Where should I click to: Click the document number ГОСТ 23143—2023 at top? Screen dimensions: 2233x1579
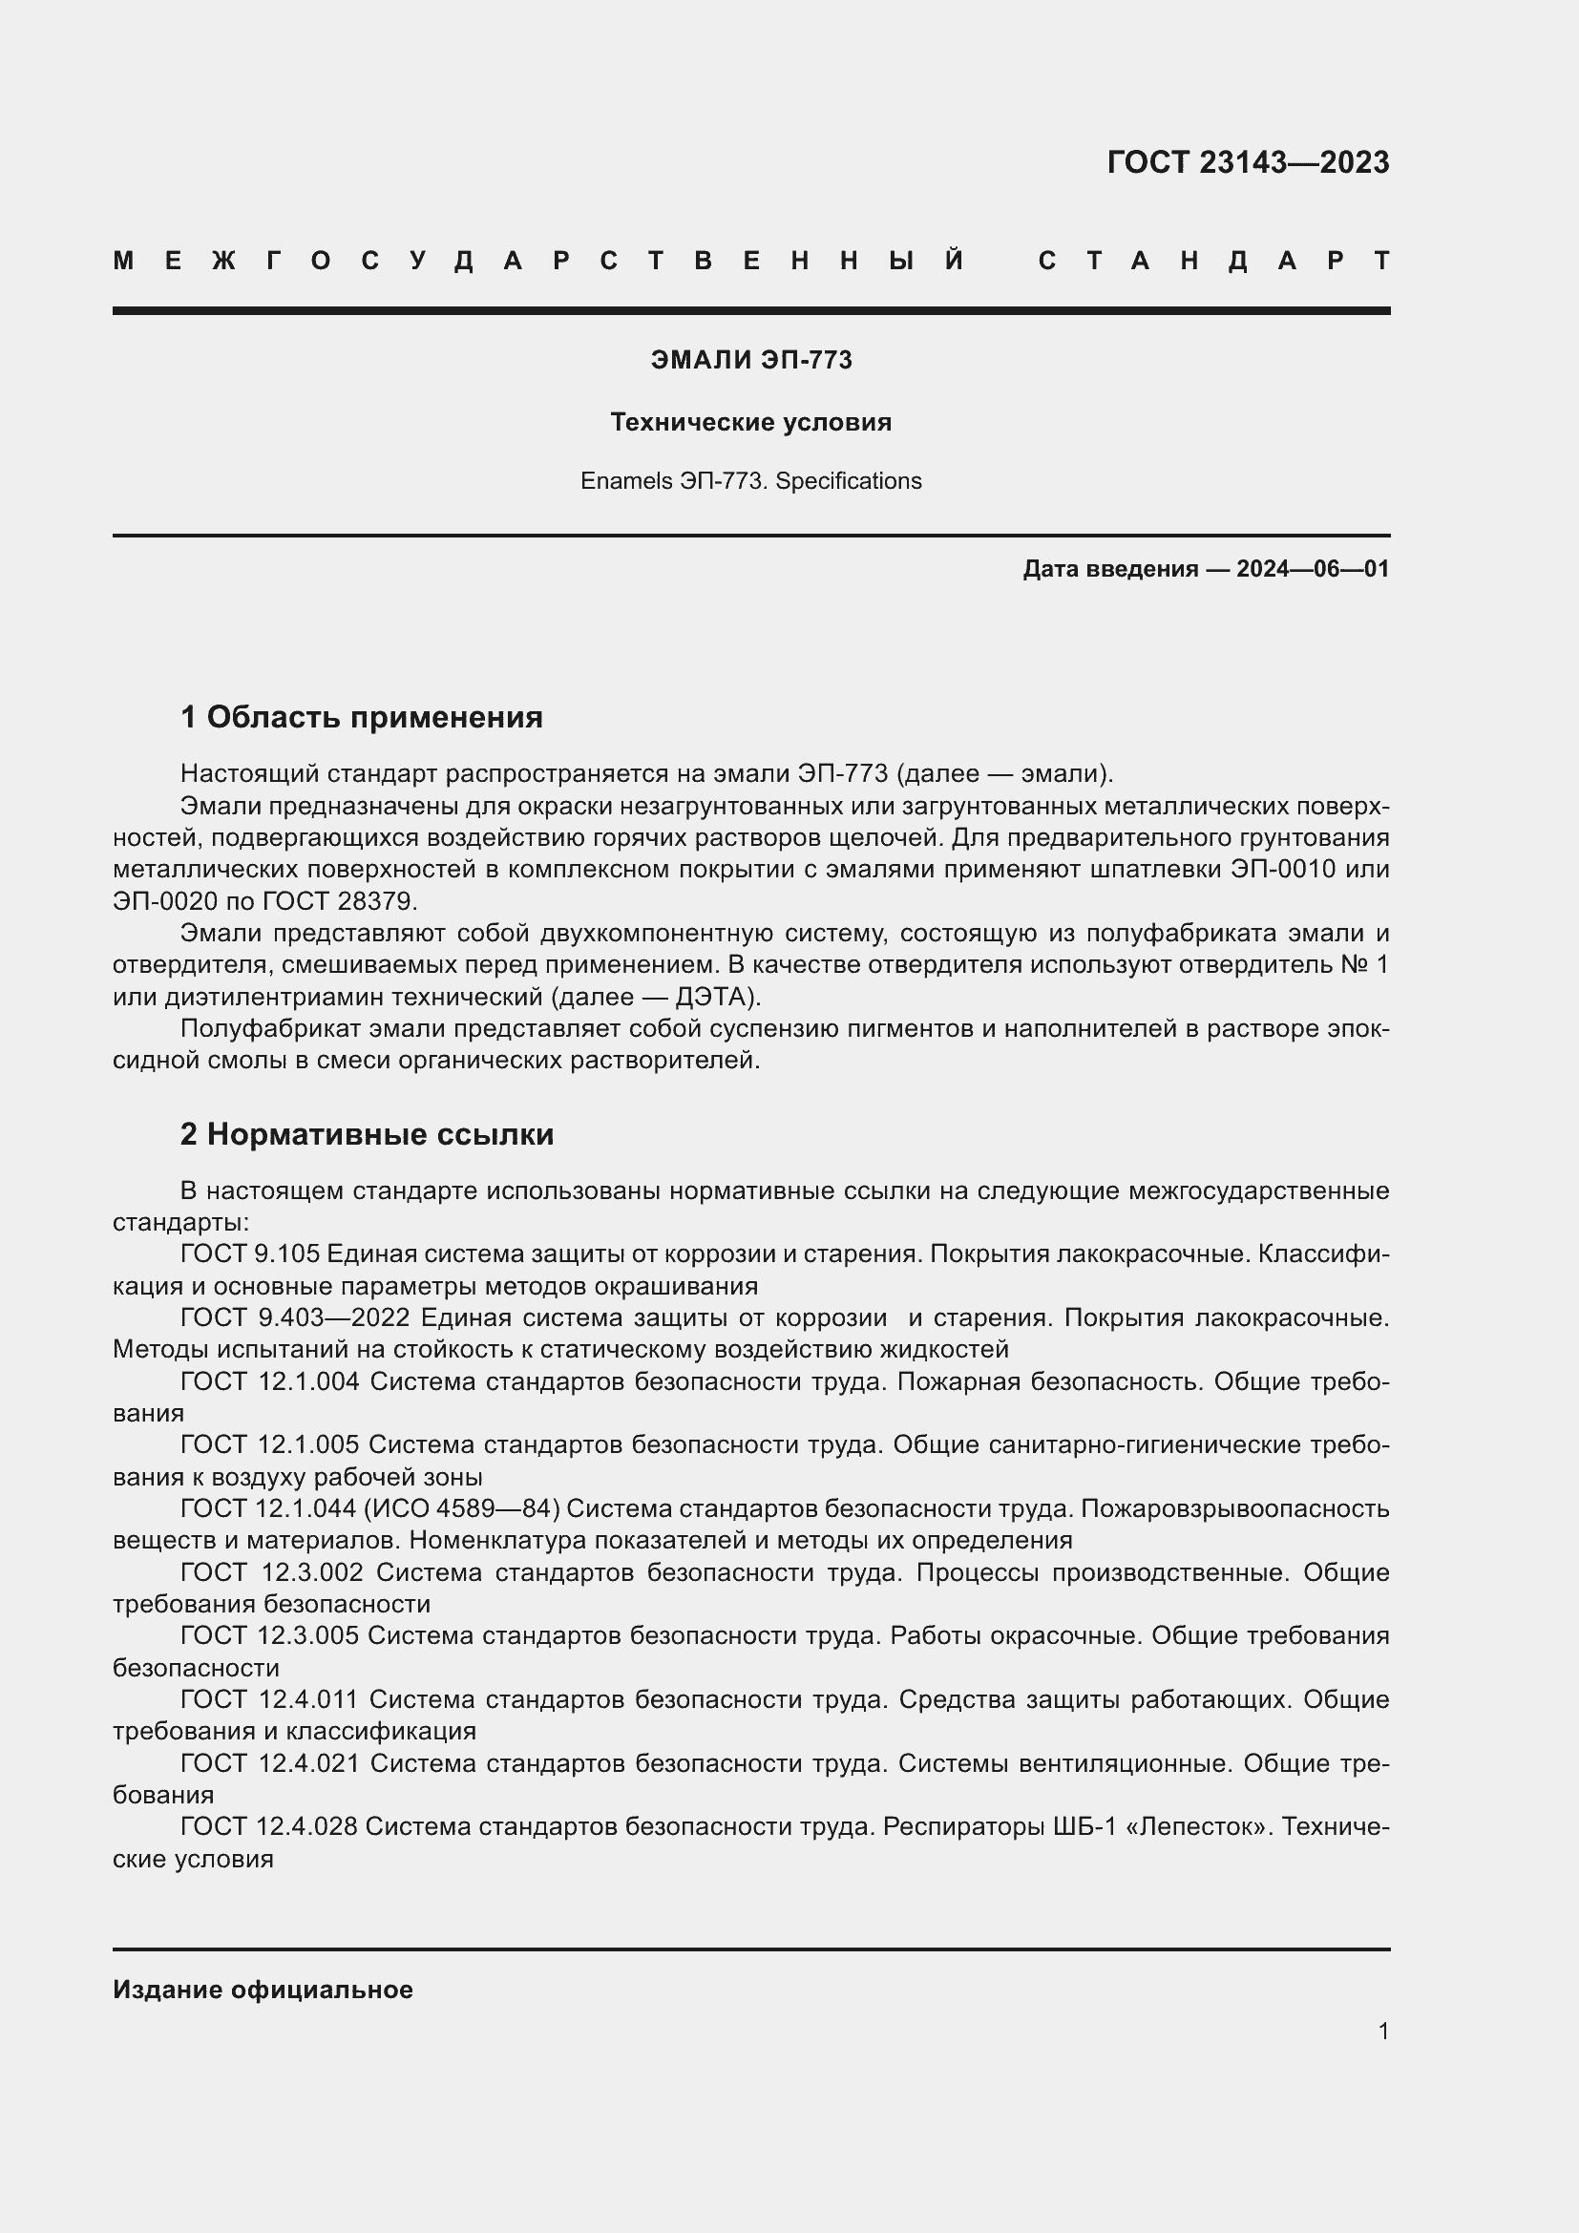pyautogui.click(x=1248, y=161)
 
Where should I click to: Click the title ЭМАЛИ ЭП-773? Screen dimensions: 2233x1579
pyautogui.click(x=750, y=360)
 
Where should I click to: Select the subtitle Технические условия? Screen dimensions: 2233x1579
pyautogui.click(x=750, y=422)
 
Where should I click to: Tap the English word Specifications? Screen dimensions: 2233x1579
pyautogui.click(x=848, y=481)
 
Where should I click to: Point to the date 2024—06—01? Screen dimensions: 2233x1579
pyautogui.click(x=1313, y=569)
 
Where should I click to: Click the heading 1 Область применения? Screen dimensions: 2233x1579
pyautogui.click(x=361, y=717)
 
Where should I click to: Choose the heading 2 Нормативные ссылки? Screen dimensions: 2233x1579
pyautogui.click(x=367, y=1134)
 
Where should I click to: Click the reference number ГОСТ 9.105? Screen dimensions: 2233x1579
pyautogui.click(x=250, y=1253)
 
